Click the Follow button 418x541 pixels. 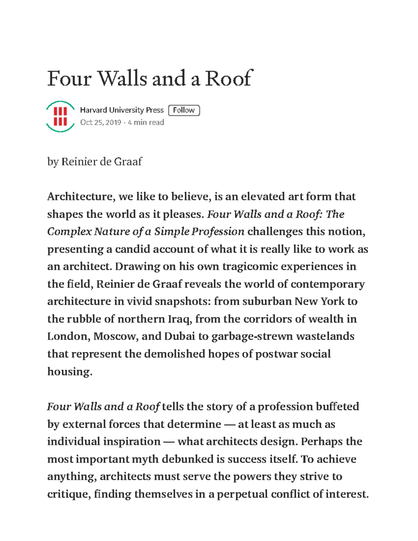[x=184, y=110]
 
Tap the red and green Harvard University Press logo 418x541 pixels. [x=60, y=116]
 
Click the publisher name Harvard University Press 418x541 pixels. [x=122, y=110]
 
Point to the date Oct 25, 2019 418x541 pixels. [x=101, y=123]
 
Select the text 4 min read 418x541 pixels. [x=146, y=123]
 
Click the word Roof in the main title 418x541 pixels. [x=228, y=78]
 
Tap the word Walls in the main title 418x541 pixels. [x=122, y=78]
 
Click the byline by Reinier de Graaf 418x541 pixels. [x=94, y=162]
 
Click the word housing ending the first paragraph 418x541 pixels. [x=69, y=372]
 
